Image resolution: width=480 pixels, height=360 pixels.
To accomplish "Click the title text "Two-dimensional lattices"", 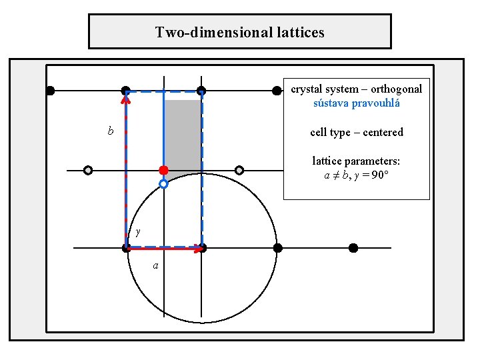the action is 240,32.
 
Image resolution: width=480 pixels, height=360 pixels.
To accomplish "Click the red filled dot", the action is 163,170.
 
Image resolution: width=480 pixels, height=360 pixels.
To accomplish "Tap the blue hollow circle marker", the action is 163,183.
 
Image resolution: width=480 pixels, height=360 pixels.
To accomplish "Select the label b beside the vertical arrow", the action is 111,131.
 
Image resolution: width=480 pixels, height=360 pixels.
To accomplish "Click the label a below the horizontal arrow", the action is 155,265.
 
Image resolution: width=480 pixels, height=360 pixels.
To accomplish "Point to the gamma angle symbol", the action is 137,232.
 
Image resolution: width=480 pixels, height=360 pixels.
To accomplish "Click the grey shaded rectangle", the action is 183,133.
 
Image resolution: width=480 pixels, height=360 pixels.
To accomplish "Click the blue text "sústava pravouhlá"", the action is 357,103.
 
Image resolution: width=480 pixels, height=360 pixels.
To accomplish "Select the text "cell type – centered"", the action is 357,132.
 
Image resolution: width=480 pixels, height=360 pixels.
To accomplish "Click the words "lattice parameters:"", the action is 357,161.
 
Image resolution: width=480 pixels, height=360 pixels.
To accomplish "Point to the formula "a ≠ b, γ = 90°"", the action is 357,176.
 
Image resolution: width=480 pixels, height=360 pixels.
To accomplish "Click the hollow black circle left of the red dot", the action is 88,170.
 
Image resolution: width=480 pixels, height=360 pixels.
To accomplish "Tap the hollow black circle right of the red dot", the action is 239,170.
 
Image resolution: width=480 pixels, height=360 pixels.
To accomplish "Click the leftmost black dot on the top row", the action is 50,91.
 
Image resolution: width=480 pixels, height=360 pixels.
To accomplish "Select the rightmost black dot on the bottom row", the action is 353,248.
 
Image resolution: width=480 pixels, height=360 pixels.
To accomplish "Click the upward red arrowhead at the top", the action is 125,99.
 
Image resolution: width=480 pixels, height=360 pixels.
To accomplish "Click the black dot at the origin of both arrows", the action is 127,248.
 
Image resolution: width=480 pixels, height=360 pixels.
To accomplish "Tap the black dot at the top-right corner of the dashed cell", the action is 201,91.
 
